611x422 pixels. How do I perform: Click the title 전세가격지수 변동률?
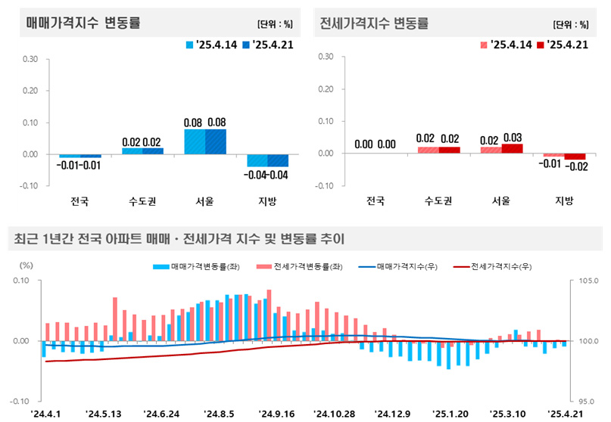(375, 23)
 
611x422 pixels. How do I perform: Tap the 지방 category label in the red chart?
(564, 200)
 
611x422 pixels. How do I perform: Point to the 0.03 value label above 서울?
(513, 136)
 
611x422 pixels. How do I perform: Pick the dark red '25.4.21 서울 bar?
(513, 148)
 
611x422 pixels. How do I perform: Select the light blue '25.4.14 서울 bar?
(195, 141)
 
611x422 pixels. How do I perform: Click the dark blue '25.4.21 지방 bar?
(278, 160)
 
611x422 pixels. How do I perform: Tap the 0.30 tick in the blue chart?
(31, 58)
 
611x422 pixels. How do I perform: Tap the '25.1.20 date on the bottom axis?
(449, 414)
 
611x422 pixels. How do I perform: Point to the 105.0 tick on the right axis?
(588, 281)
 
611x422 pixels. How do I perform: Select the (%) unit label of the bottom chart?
(26, 265)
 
